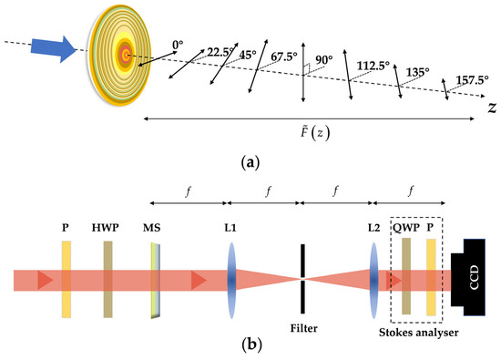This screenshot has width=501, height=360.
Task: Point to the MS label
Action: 153,223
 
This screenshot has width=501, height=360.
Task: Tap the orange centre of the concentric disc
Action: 126,56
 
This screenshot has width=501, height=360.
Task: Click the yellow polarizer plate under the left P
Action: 66,279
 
